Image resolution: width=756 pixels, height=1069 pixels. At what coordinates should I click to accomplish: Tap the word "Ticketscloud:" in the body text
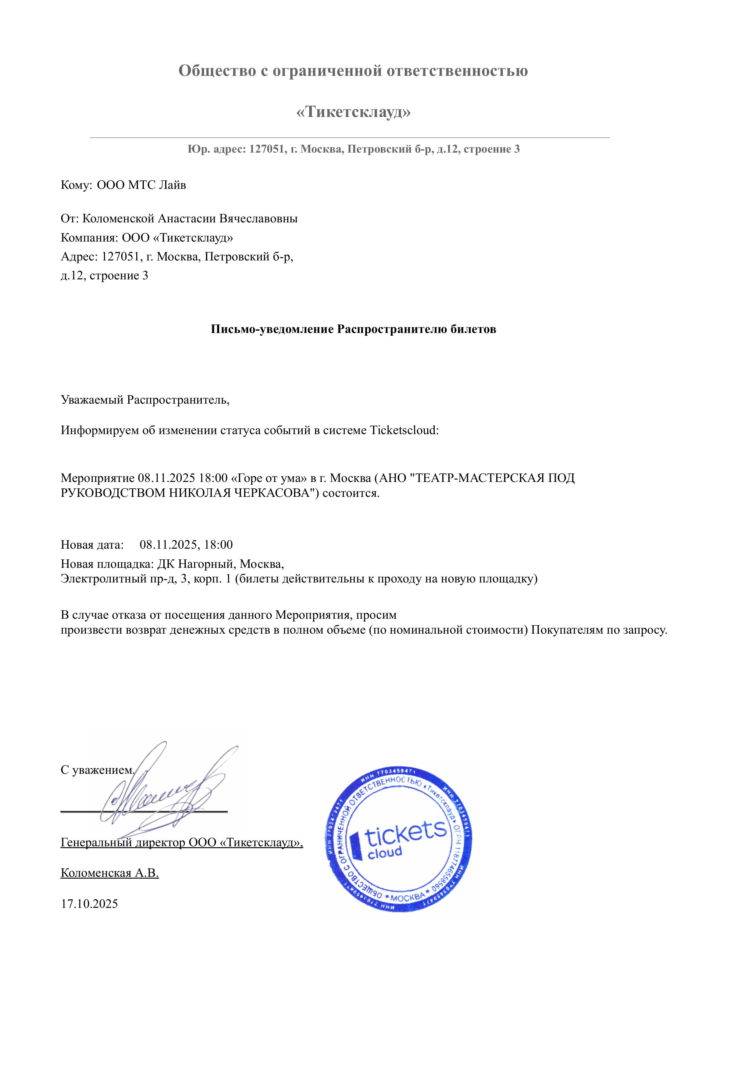click(404, 430)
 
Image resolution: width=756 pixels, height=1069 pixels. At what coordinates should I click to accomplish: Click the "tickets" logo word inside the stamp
click(405, 834)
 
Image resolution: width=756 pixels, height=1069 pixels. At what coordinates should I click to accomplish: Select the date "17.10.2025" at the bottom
click(89, 904)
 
